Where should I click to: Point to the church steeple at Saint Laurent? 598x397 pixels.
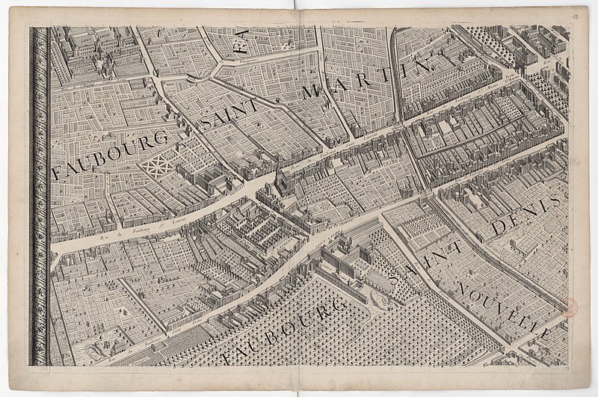tap(277, 178)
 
